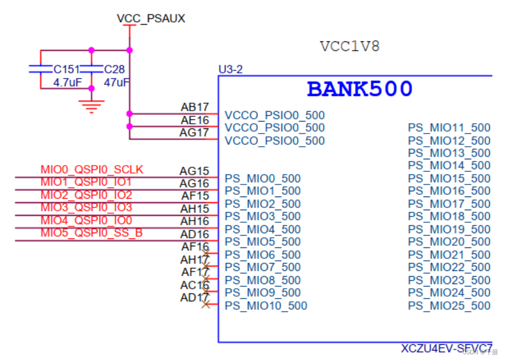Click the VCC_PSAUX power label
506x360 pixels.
(151, 19)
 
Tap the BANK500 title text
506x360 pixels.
(360, 89)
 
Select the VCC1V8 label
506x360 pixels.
(350, 47)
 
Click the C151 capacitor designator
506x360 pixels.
(67, 70)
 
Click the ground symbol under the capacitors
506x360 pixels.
(91, 107)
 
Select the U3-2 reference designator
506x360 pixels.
(231, 69)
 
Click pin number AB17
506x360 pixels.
(195, 107)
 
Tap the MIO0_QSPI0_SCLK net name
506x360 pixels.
(92, 170)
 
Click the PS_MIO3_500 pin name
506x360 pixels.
(263, 216)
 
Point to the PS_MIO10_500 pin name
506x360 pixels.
(266, 306)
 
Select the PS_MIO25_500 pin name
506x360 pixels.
(449, 306)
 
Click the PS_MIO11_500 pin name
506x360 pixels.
(449, 128)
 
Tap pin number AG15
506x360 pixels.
(194, 171)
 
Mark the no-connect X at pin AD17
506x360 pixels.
(206, 304)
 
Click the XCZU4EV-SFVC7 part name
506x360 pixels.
(447, 348)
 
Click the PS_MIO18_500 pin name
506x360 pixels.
(449, 216)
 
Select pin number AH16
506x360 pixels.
(195, 221)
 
